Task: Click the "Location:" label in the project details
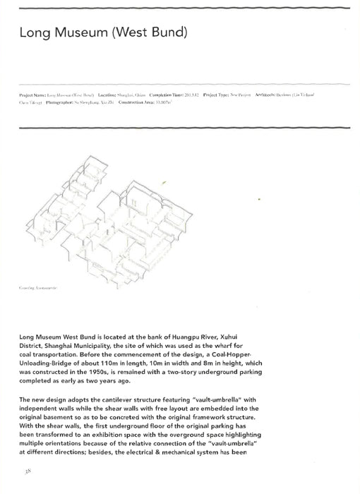(x=110, y=94)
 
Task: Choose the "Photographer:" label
(x=65, y=102)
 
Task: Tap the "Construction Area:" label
(x=141, y=102)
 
